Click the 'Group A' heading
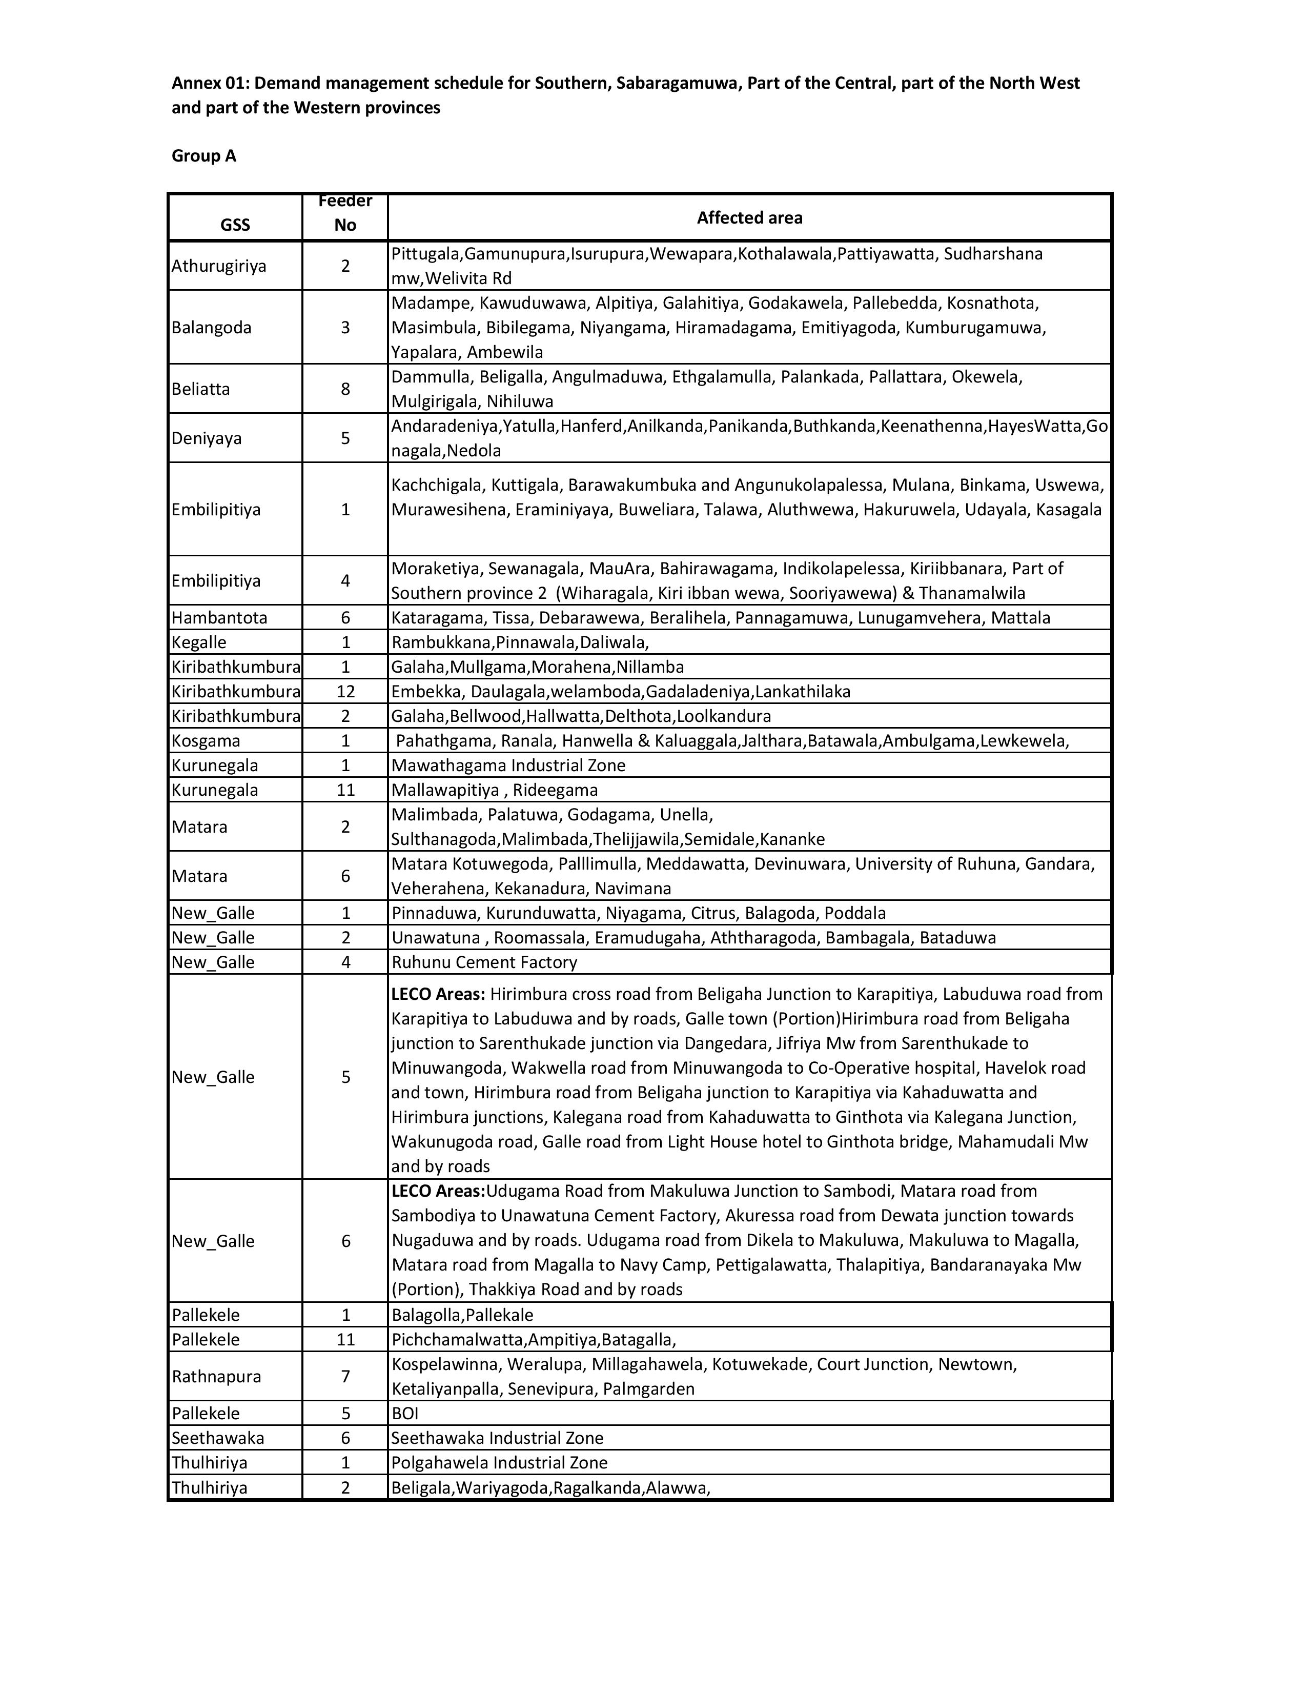pyautogui.click(x=203, y=156)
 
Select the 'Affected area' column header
pyautogui.click(x=749, y=218)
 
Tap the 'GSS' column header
pyautogui.click(x=235, y=225)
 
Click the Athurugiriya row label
pyautogui.click(x=219, y=266)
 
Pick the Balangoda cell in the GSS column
pyautogui.click(x=211, y=327)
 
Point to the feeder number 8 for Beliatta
pyautogui.click(x=345, y=389)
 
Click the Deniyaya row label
pyautogui.click(x=207, y=438)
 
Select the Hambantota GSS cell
pyautogui.click(x=219, y=617)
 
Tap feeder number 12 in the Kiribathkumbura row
pyautogui.click(x=345, y=691)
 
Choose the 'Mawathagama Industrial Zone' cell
pyautogui.click(x=508, y=766)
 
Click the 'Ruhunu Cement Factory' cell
pyautogui.click(x=484, y=962)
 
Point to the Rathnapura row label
pyautogui.click(x=216, y=1377)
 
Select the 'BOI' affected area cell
pyautogui.click(x=405, y=1413)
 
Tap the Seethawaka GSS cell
pyautogui.click(x=217, y=1438)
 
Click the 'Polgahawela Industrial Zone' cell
pyautogui.click(x=499, y=1463)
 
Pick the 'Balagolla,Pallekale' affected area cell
pyautogui.click(x=462, y=1315)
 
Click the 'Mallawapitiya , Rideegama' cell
pyautogui.click(x=495, y=790)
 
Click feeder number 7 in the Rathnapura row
pyautogui.click(x=345, y=1377)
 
